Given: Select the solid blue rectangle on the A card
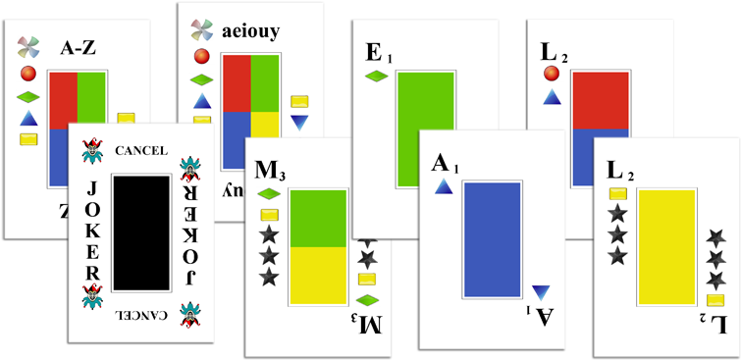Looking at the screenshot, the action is pos(491,239).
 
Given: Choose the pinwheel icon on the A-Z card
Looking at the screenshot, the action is pos(29,47).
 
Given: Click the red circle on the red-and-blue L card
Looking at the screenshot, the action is pos(551,75).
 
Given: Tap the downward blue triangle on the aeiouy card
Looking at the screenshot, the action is pos(299,123).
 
